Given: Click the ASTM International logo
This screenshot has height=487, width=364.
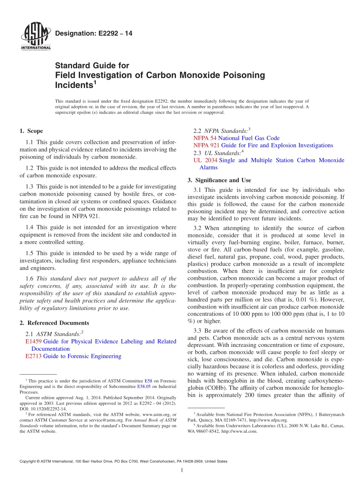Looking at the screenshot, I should (35, 37).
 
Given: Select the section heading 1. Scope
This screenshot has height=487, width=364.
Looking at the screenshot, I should (31, 131).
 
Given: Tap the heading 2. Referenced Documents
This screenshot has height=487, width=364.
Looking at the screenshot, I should (54, 323).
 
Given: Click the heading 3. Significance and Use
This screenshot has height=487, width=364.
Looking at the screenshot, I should (219, 180).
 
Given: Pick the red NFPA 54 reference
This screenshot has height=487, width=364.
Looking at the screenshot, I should (205, 138).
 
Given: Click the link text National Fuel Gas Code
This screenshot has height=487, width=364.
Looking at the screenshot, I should (249, 138).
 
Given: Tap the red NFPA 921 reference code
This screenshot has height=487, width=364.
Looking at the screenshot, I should (207, 145).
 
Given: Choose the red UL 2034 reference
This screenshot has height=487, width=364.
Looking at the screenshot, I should (205, 160).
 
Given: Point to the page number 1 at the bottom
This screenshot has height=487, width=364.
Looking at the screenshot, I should (182, 470).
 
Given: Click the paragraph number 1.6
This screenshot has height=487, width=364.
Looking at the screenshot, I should (30, 279).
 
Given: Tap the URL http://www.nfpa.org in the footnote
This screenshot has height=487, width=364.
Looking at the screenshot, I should (268, 420).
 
